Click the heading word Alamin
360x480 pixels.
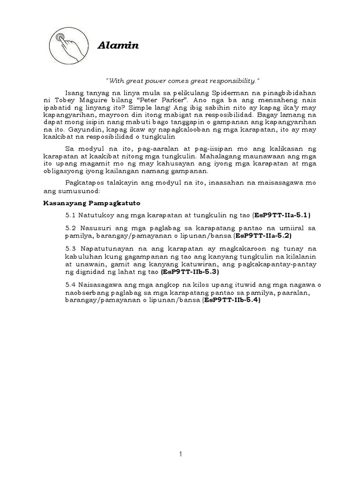pyautogui.click(x=118, y=45)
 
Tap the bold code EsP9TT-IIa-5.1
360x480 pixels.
pyautogui.click(x=282, y=215)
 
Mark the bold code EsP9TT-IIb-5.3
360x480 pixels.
pyautogui.click(x=189, y=271)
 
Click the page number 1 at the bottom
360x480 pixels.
pyautogui.click(x=180, y=454)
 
